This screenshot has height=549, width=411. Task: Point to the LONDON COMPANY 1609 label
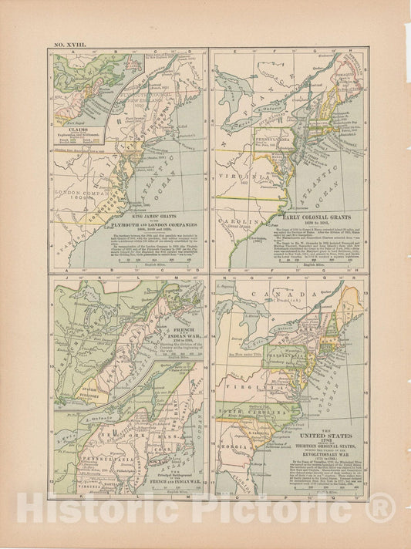[x=79, y=188]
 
